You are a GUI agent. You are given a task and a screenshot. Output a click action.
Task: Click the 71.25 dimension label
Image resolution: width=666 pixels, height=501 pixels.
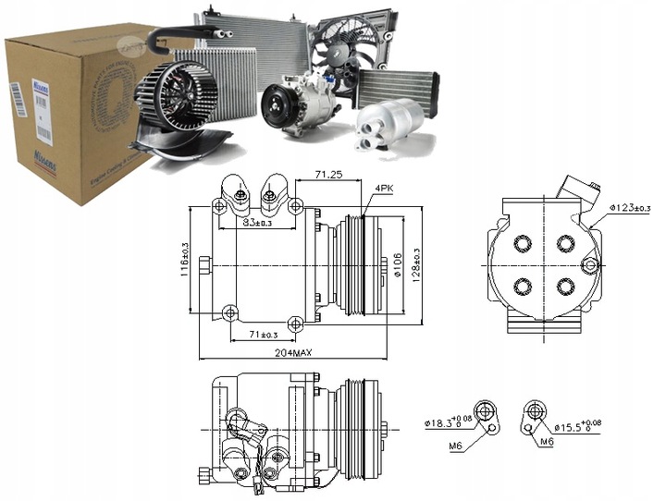329,173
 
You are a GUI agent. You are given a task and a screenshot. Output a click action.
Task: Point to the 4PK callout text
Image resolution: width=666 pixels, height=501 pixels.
382,189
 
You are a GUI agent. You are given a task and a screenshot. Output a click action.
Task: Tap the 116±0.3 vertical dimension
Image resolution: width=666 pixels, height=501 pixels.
185,259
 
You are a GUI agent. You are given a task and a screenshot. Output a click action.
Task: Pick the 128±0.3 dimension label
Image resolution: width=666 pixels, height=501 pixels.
417,267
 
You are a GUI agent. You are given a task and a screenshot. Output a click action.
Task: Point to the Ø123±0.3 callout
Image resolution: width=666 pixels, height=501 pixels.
631,207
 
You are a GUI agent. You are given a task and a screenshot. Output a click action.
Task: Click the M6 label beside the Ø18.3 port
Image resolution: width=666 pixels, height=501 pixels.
454,446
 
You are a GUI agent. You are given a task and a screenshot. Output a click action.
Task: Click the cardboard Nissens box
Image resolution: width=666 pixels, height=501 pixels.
65,111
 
